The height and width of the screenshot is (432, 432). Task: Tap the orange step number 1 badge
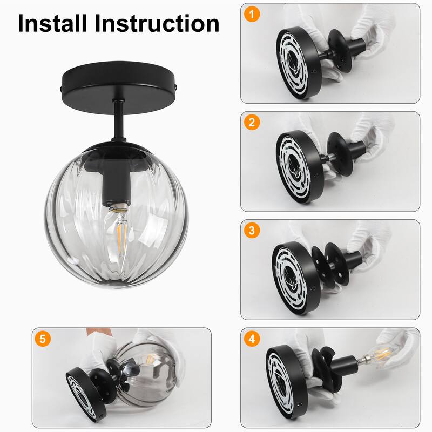[251, 13]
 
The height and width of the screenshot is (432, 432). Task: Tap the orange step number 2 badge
[251, 122]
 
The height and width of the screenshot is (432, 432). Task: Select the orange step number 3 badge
[251, 230]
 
